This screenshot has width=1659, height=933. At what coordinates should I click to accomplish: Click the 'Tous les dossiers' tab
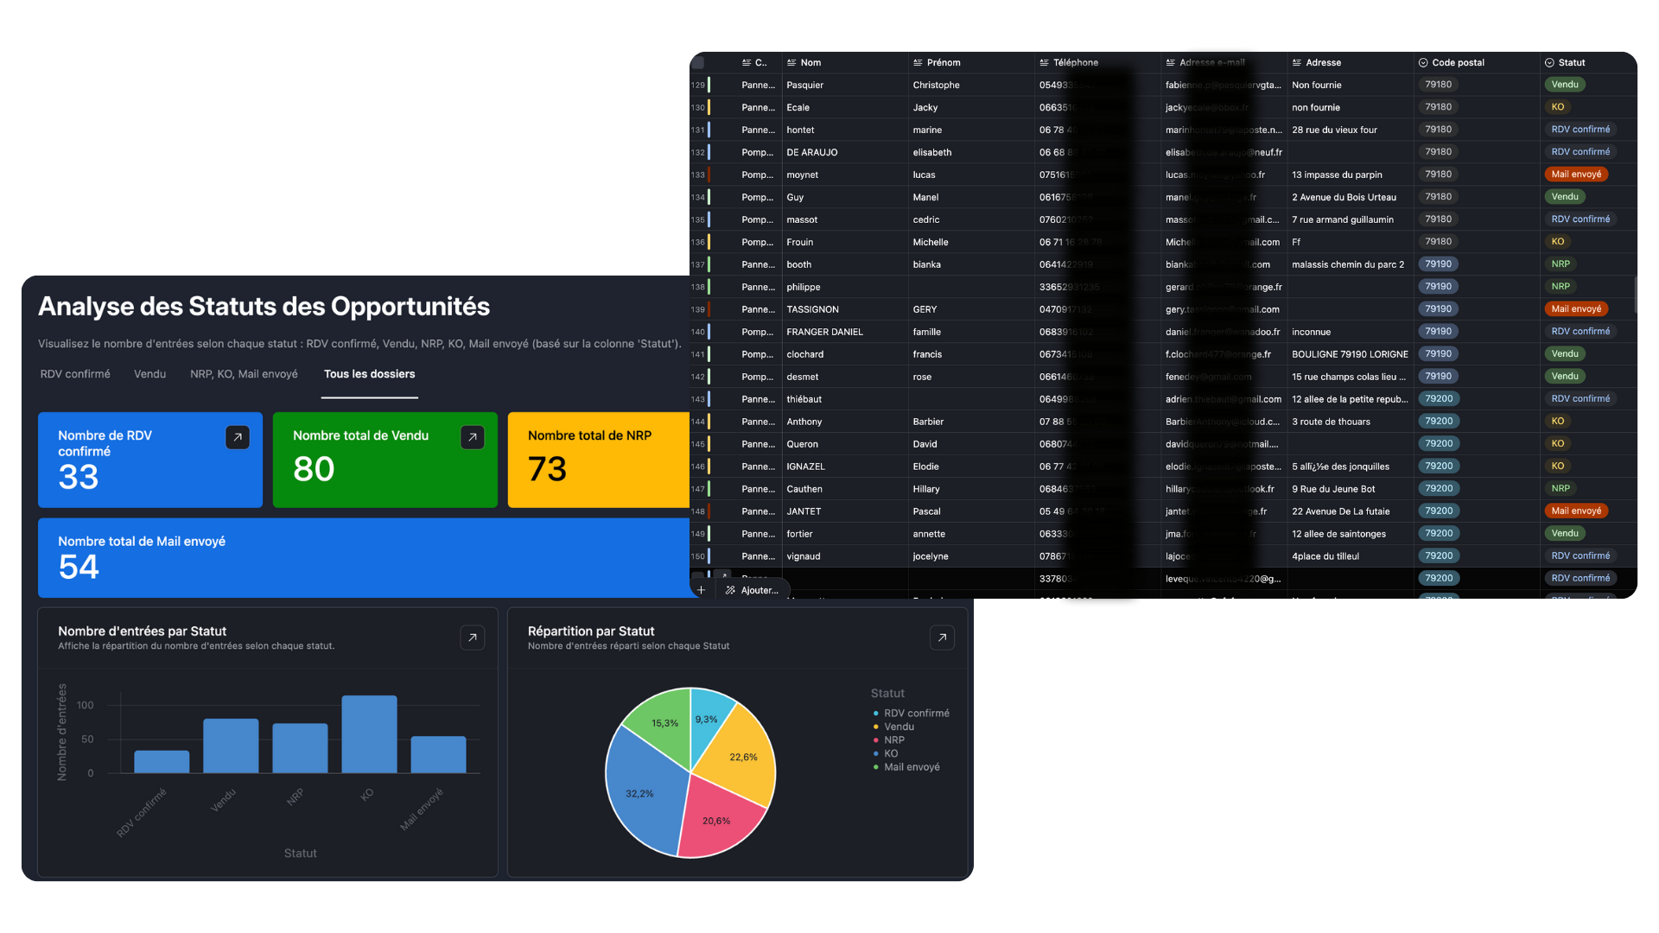pos(369,374)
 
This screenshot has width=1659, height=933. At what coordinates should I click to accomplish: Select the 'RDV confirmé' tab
pos(75,374)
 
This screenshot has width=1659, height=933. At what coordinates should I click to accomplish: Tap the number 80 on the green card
pos(314,469)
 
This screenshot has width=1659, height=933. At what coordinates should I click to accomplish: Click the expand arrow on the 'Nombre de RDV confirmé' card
pos(238,437)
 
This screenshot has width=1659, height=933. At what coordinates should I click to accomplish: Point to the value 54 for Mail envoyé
pos(79,567)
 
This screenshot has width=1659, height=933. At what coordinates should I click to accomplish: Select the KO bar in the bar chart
pos(369,733)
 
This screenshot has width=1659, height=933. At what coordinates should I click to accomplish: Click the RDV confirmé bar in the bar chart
pos(162,761)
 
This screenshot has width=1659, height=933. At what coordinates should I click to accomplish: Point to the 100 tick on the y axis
pos(86,705)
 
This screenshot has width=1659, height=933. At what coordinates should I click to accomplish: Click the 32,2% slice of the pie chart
pos(644,790)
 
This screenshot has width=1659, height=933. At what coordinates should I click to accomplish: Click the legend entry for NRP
pos(894,740)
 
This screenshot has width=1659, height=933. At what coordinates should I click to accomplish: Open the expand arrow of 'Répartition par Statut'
pos(942,638)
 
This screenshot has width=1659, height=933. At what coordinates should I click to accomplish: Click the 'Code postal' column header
pos(1458,62)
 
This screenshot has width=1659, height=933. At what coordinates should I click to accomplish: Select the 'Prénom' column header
pos(943,62)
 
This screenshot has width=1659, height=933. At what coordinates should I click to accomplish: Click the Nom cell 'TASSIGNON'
pos(812,309)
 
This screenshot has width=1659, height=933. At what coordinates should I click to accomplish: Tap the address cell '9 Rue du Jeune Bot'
pos(1333,489)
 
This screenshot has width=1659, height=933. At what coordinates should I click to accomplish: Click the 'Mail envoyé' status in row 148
pos(1576,511)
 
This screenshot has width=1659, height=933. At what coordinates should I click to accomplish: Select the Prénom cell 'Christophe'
pos(936,85)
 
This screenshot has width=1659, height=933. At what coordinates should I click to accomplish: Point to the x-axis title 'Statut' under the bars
pos(300,854)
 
